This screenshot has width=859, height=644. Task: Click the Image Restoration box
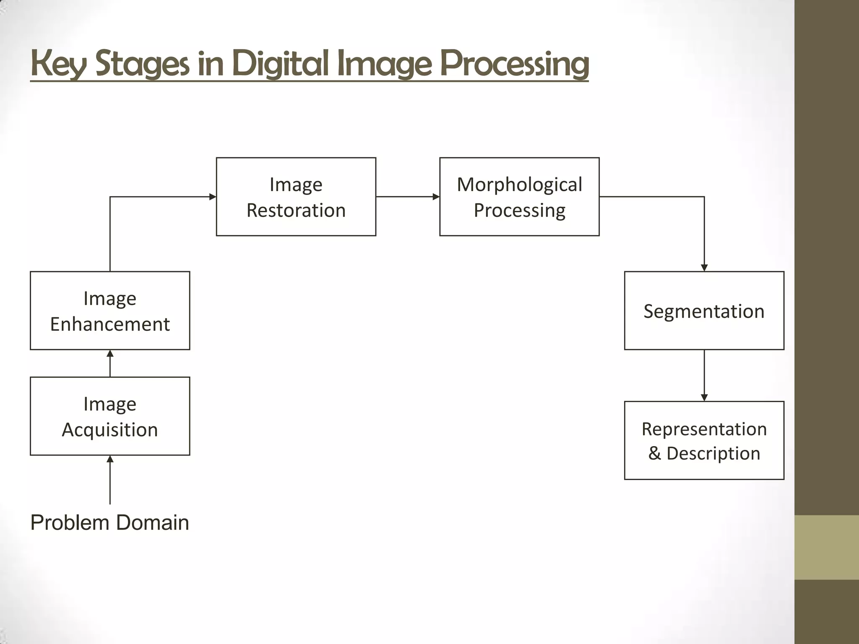296,197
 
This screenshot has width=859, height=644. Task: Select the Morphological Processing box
519,197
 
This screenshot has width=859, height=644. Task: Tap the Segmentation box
704,311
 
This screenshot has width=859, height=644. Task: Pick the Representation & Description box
704,440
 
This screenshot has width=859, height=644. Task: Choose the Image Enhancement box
110,311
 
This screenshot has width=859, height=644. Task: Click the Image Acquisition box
110,416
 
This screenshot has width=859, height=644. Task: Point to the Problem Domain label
110,523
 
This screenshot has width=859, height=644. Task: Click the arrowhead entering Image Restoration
213,197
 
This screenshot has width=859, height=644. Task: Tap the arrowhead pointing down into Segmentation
704,267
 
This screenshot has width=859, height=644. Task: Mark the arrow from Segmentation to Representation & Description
704,375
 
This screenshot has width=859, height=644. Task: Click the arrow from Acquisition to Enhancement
110,363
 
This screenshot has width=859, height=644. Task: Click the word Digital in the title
279,64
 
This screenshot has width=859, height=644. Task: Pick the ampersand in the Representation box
655,453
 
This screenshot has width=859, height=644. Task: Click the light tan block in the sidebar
827,547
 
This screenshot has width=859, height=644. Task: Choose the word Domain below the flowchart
152,523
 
